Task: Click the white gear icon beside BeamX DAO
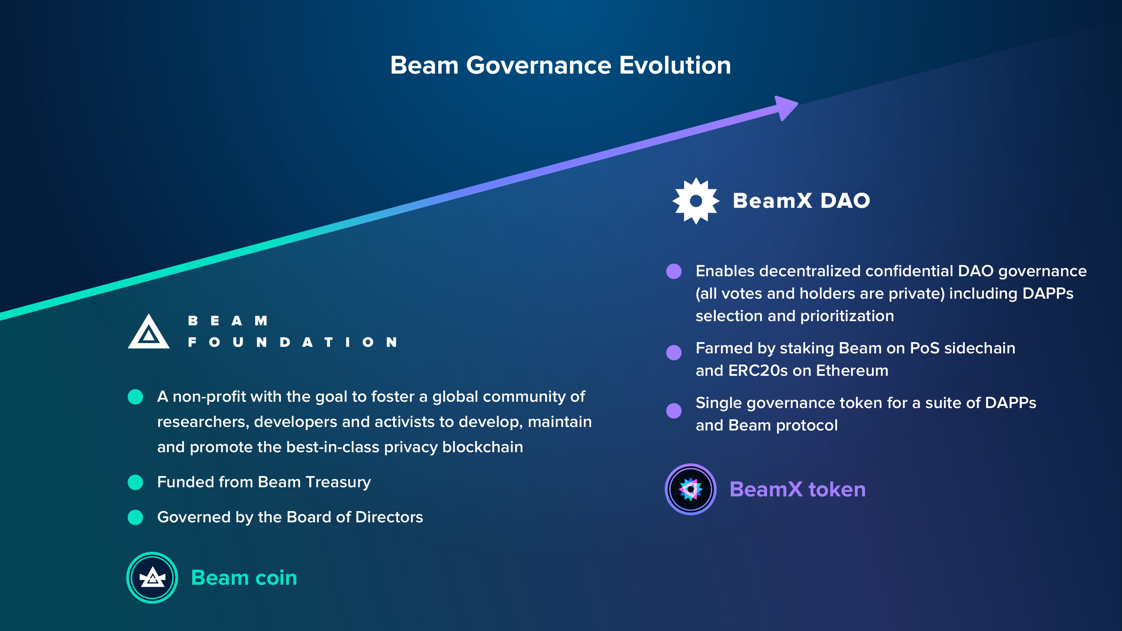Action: click(x=696, y=201)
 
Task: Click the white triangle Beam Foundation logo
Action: click(x=149, y=332)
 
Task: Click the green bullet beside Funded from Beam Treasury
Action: click(x=135, y=482)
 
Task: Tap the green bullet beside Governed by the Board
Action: click(x=135, y=517)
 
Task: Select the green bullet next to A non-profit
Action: click(x=135, y=397)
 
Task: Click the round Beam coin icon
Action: click(x=152, y=578)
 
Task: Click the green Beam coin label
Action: click(x=244, y=578)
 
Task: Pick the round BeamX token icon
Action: click(x=691, y=489)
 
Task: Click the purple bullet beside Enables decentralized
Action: click(x=674, y=271)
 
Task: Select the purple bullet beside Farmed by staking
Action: click(x=674, y=353)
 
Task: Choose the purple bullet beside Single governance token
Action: click(x=674, y=411)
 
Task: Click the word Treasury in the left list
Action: click(x=338, y=482)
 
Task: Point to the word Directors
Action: click(x=389, y=517)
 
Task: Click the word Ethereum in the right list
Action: click(x=852, y=371)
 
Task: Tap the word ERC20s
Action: click(x=758, y=371)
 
